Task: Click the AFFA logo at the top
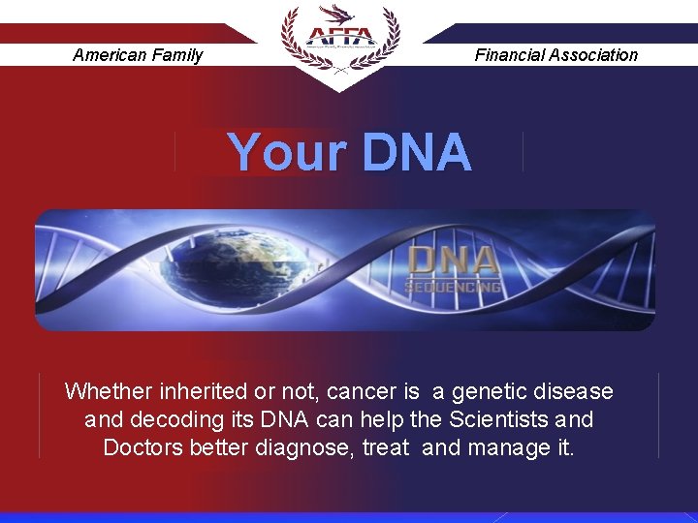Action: point(338,38)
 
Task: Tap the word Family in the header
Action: point(178,55)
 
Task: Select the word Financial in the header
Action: point(509,55)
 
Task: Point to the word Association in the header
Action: point(593,55)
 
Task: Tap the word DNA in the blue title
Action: point(417,153)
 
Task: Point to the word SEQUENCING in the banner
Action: point(454,287)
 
